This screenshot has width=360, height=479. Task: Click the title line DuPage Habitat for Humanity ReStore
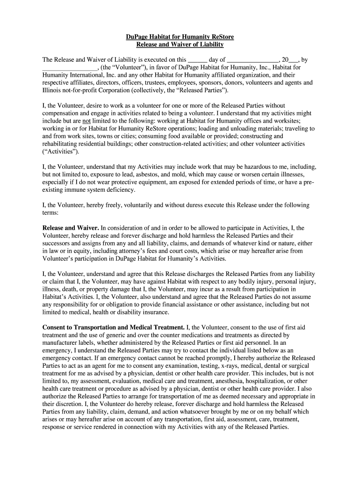tap(180, 36)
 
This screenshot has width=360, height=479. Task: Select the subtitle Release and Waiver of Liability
tap(180, 44)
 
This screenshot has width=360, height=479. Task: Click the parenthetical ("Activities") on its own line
tap(61, 152)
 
